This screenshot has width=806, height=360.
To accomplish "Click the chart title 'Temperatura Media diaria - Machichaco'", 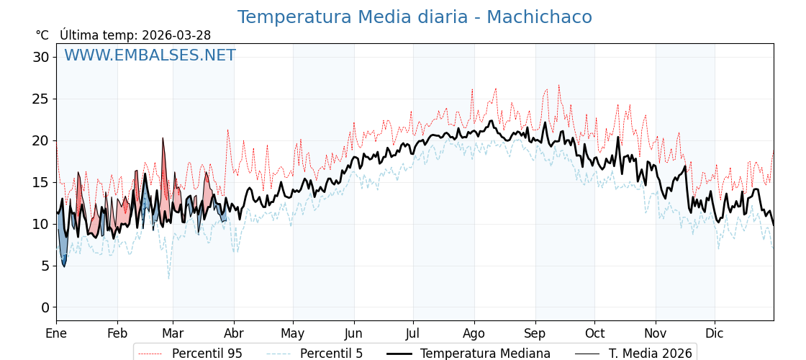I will pyautogui.click(x=415, y=17).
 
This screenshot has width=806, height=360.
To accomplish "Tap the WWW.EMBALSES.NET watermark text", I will pyautogui.click(x=150, y=56).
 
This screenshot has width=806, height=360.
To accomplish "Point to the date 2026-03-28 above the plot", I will pyautogui.click(x=176, y=35).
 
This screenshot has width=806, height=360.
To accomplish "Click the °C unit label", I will pyautogui.click(x=42, y=35).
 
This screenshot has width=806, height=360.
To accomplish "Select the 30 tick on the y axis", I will pyautogui.click(x=41, y=57).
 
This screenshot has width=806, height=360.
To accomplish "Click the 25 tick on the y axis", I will pyautogui.click(x=41, y=99).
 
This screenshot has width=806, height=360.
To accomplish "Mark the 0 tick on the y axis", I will pyautogui.click(x=45, y=307).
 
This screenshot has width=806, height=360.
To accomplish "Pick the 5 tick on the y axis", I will pyautogui.click(x=45, y=266).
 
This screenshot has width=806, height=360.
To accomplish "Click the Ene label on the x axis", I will pyautogui.click(x=56, y=333).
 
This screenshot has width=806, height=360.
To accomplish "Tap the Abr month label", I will pyautogui.click(x=234, y=333).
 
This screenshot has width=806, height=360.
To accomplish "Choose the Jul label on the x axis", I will pyautogui.click(x=413, y=333).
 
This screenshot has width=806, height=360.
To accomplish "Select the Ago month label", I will pyautogui.click(x=474, y=333).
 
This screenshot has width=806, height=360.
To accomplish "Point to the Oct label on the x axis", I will pyautogui.click(x=594, y=333).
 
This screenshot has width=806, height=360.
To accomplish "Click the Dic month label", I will pyautogui.click(x=715, y=333).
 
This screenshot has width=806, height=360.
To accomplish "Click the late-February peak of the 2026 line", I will pyautogui.click(x=163, y=138).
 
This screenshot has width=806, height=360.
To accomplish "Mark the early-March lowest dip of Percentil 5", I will pyautogui.click(x=169, y=279).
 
